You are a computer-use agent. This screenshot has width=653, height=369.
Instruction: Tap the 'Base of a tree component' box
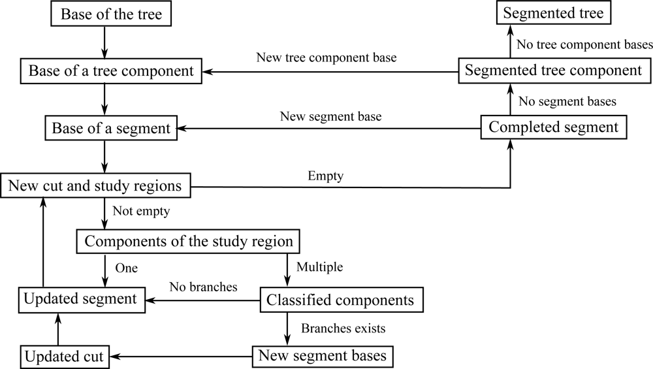tap(111, 71)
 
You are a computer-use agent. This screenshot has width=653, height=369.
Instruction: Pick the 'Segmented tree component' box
tap(554, 71)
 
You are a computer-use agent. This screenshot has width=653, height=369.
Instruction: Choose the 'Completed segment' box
tap(554, 127)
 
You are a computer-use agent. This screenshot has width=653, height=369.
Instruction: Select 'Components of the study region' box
tap(189, 242)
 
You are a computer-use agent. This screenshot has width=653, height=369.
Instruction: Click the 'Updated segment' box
tap(80, 299)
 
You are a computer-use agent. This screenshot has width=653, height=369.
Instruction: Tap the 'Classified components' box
tap(340, 300)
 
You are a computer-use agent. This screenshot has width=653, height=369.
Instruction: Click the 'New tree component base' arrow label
tap(327, 58)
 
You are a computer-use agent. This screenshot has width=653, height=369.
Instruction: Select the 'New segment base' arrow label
tap(330, 116)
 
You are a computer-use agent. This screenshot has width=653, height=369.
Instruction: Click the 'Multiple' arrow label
tap(320, 268)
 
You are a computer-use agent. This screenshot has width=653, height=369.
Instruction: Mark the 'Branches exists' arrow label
tap(343, 328)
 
